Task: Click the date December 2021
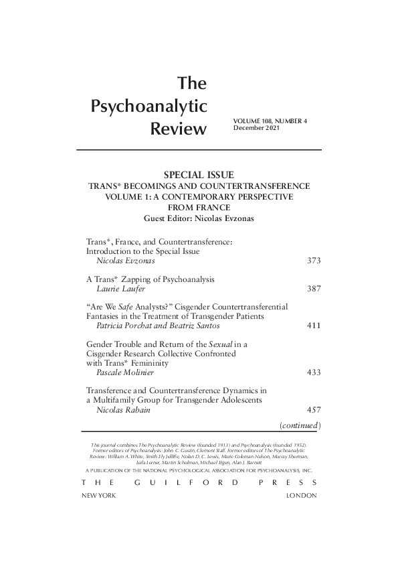click(255, 127)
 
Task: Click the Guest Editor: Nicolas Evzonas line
click(198, 219)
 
